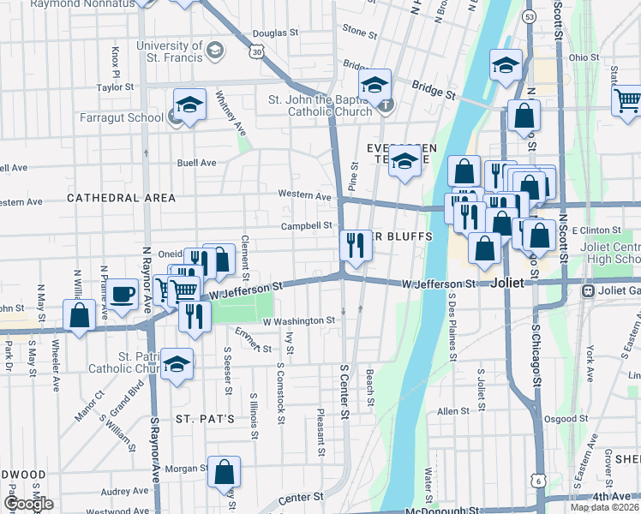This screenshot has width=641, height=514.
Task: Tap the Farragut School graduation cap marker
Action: (190, 106)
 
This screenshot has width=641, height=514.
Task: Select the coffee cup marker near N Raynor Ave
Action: (123, 293)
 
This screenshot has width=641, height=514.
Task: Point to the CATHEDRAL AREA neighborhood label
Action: (121, 198)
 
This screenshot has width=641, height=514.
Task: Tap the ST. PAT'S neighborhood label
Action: (206, 419)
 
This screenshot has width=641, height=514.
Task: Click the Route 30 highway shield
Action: (256, 52)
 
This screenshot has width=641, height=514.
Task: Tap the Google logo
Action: (28, 504)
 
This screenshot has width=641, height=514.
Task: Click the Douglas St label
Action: (274, 33)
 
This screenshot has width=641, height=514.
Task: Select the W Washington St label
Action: (298, 320)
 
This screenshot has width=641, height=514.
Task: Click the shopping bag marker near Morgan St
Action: (224, 470)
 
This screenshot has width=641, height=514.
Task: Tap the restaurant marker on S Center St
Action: (354, 246)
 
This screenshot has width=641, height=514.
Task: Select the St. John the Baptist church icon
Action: (386, 106)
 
